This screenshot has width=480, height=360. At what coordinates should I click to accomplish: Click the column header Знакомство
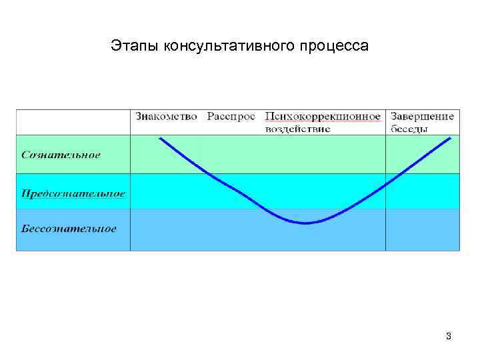(x=166, y=117)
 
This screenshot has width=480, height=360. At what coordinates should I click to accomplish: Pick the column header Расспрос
(x=231, y=117)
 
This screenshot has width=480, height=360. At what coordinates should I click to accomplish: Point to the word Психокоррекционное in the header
(x=323, y=117)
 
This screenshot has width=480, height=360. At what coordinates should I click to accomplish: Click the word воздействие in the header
(x=297, y=129)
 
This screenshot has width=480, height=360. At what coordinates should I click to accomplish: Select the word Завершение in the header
(x=423, y=117)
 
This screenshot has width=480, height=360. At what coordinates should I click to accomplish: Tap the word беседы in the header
(x=409, y=129)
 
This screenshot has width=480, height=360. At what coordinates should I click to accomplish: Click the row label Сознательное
(x=61, y=155)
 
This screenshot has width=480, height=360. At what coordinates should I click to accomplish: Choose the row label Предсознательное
(x=73, y=193)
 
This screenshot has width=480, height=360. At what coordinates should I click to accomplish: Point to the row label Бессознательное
(x=69, y=229)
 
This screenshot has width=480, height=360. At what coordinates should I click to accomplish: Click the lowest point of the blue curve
(x=305, y=223)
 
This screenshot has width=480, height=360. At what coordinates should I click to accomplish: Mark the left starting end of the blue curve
(x=160, y=139)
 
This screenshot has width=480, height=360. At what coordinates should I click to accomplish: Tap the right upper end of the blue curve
(x=451, y=138)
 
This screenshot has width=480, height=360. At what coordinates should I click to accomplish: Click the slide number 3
(x=449, y=336)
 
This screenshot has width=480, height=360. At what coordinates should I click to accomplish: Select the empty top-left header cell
(x=73, y=122)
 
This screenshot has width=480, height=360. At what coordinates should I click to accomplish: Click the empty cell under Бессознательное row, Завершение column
(x=423, y=230)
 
